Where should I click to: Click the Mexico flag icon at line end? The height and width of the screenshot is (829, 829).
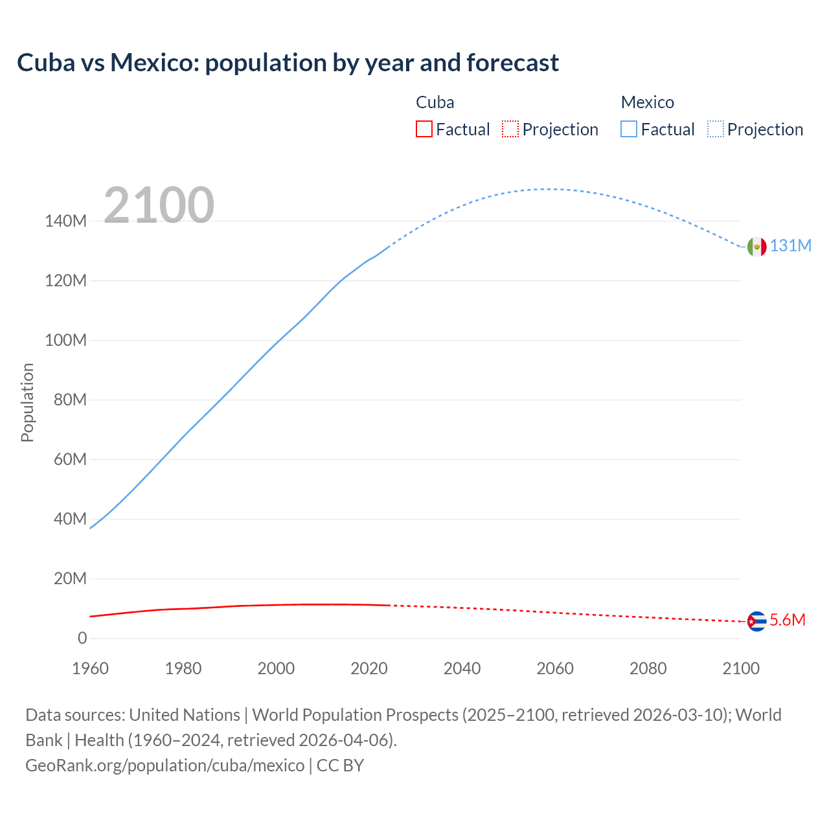pyautogui.click(x=756, y=247)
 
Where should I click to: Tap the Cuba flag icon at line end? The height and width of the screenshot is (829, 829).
pyautogui.click(x=756, y=621)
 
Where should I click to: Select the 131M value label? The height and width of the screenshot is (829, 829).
pyautogui.click(x=790, y=246)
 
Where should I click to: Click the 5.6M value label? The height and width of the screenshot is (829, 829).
pyautogui.click(x=788, y=620)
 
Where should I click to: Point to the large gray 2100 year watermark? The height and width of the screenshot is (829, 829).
pyautogui.click(x=159, y=205)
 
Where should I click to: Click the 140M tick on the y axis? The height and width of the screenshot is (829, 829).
pyautogui.click(x=65, y=221)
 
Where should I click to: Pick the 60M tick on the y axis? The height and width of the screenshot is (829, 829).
pyautogui.click(x=70, y=460)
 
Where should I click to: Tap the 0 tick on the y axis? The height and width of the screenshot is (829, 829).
pyautogui.click(x=82, y=639)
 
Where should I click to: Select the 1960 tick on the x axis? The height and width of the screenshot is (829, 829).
pyautogui.click(x=90, y=668)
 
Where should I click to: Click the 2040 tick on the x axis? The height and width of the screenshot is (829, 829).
pyautogui.click(x=462, y=668)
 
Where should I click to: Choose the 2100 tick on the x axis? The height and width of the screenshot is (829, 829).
pyautogui.click(x=741, y=668)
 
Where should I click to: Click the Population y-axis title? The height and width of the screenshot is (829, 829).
pyautogui.click(x=27, y=402)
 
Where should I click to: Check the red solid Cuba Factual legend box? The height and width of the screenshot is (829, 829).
pyautogui.click(x=424, y=130)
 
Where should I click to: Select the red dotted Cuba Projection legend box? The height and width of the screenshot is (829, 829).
pyautogui.click(x=510, y=130)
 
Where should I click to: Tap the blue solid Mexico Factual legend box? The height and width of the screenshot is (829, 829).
pyautogui.click(x=629, y=130)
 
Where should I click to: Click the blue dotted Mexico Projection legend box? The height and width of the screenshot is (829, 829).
pyautogui.click(x=716, y=130)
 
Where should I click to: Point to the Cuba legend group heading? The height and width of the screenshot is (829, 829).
pyautogui.click(x=435, y=102)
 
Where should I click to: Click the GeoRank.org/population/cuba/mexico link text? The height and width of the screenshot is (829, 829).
pyautogui.click(x=165, y=766)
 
